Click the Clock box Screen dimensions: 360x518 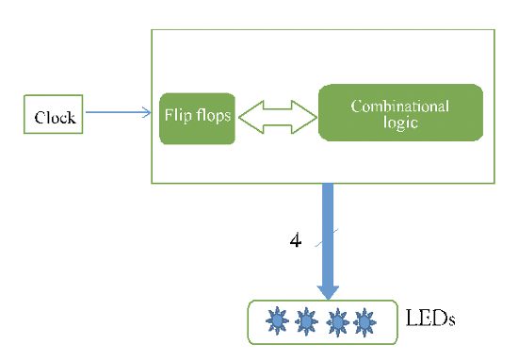[x=54, y=117]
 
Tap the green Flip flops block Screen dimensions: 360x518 [x=197, y=118]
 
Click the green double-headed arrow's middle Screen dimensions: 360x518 [x=276, y=116]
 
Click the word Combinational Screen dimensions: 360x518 [x=400, y=106]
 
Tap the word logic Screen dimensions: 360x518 [x=400, y=123]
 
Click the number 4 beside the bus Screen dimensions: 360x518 [x=295, y=241]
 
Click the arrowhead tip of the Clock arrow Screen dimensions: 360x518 [x=149, y=114]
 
